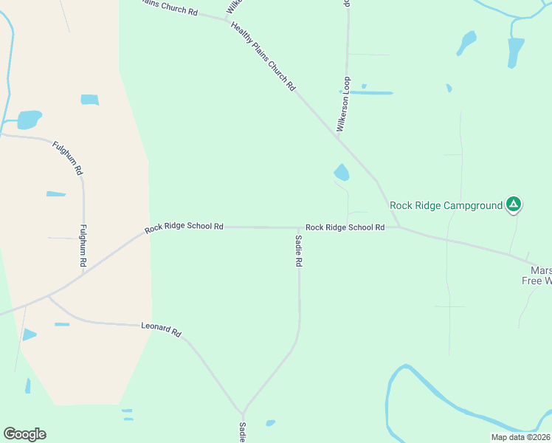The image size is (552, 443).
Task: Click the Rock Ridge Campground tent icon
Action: tap(514, 205)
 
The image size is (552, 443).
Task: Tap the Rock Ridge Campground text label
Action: tap(446, 205)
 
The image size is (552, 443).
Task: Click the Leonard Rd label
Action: tap(161, 329)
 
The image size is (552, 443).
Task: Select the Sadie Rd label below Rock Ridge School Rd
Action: tap(299, 251)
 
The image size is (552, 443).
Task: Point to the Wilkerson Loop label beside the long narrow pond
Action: tap(343, 104)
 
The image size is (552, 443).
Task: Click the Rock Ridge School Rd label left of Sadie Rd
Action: tap(184, 227)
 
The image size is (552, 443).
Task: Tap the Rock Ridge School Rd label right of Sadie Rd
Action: tap(345, 227)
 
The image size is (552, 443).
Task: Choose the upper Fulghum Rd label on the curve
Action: tap(67, 157)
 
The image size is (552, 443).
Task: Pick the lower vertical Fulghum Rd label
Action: tap(83, 246)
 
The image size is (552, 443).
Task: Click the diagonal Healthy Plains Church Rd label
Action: tap(263, 55)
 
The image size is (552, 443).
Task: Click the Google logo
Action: tap(24, 434)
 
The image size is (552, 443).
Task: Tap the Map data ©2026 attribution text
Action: tap(520, 437)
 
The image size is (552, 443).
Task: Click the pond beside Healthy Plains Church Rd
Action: tap(341, 173)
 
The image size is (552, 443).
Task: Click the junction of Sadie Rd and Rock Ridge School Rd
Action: tap(299, 227)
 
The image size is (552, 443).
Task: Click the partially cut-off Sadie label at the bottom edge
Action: tap(242, 432)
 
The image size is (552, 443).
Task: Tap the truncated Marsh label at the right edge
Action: tap(540, 271)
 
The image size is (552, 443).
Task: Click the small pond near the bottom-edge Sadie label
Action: tap(270, 423)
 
